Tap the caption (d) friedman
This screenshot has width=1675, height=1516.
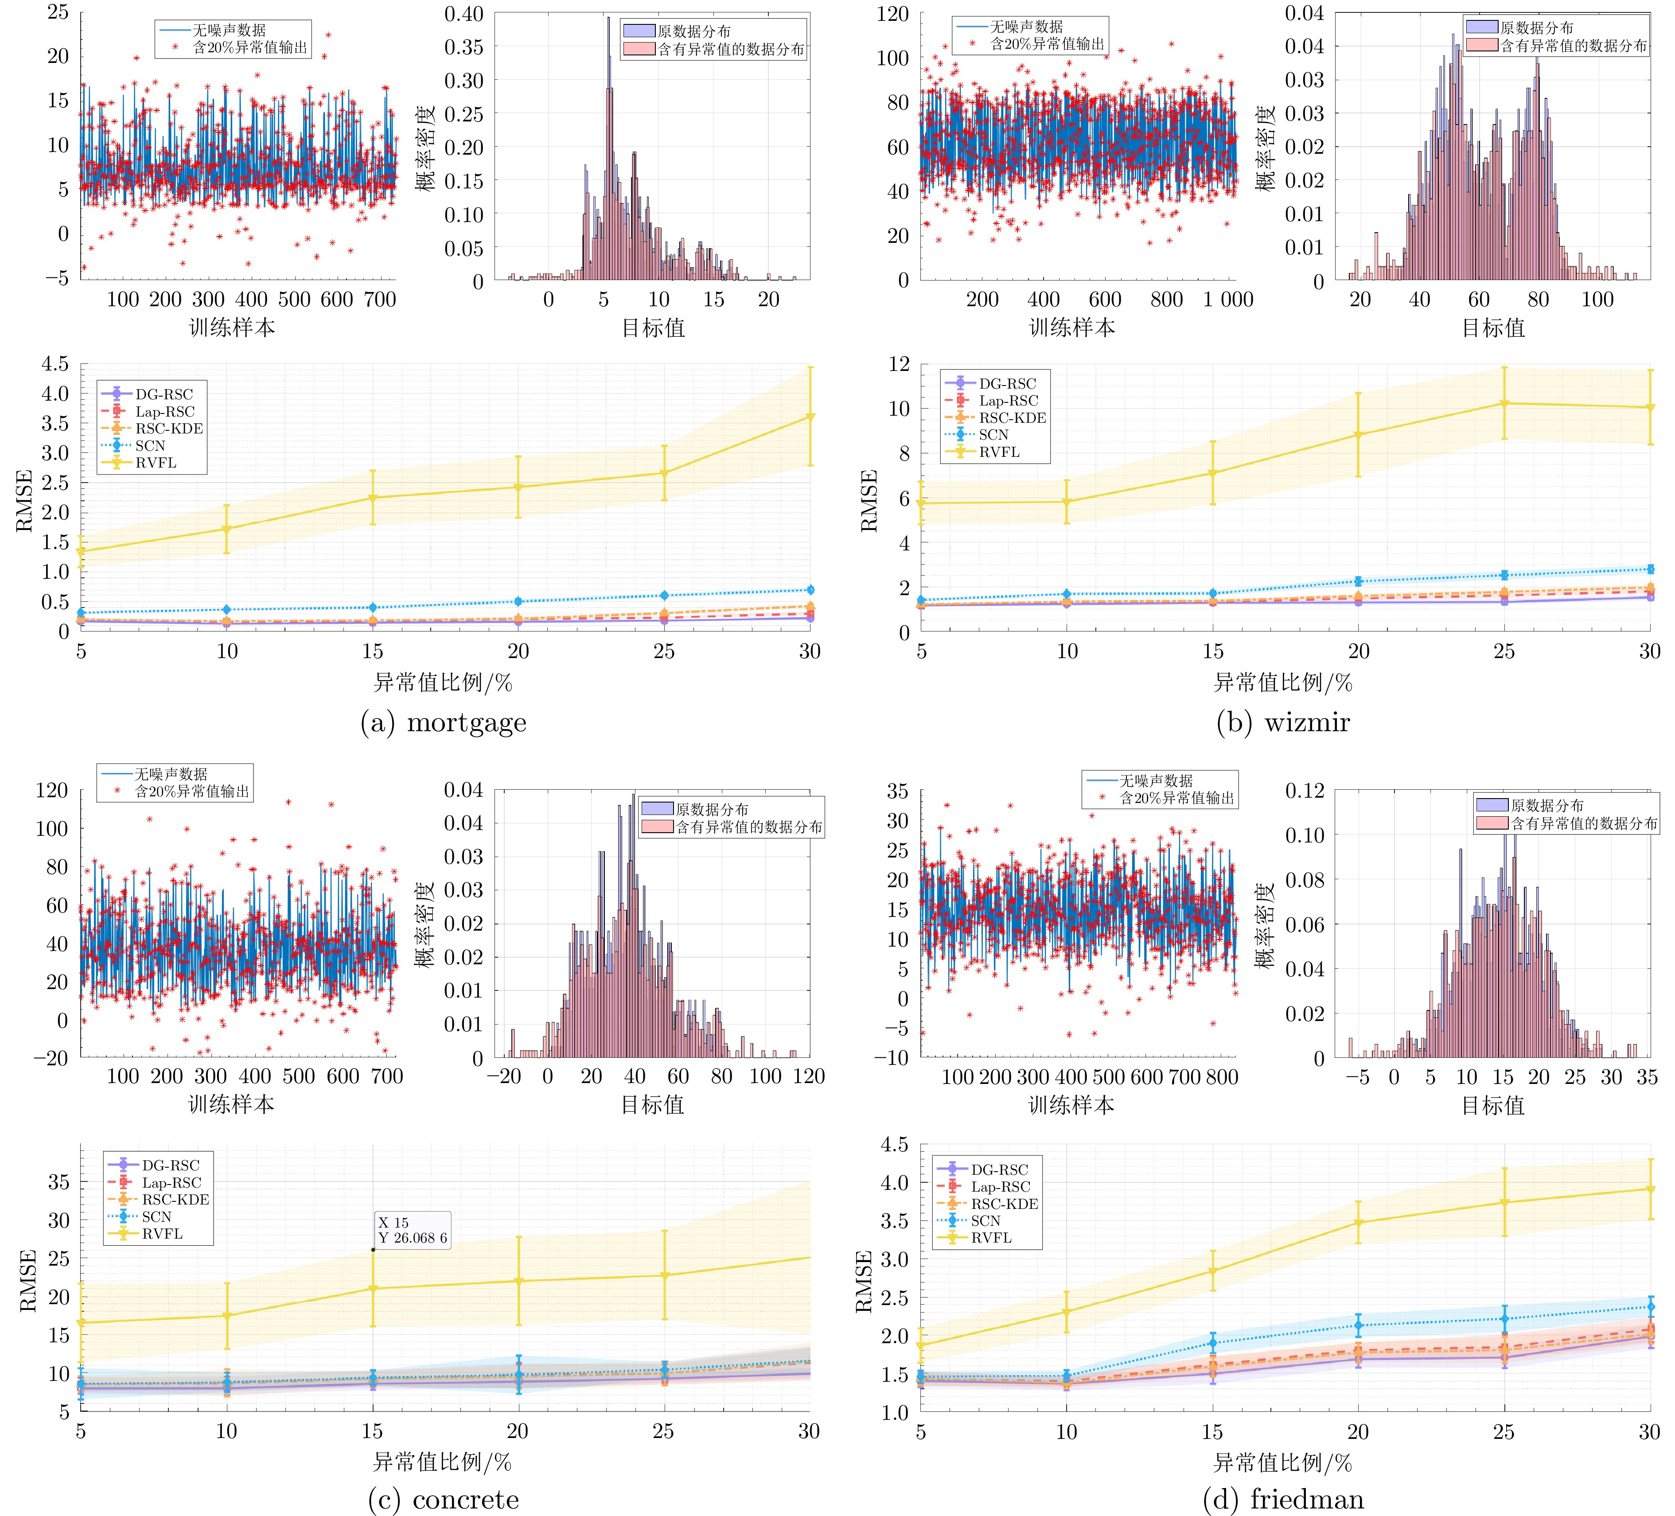coord(1283,1500)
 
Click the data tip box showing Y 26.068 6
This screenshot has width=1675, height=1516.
coord(412,1230)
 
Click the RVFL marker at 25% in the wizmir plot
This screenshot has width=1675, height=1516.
coord(1504,404)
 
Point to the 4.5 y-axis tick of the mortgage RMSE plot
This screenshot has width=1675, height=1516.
coord(55,364)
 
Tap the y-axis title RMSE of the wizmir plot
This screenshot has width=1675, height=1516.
coord(869,500)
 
